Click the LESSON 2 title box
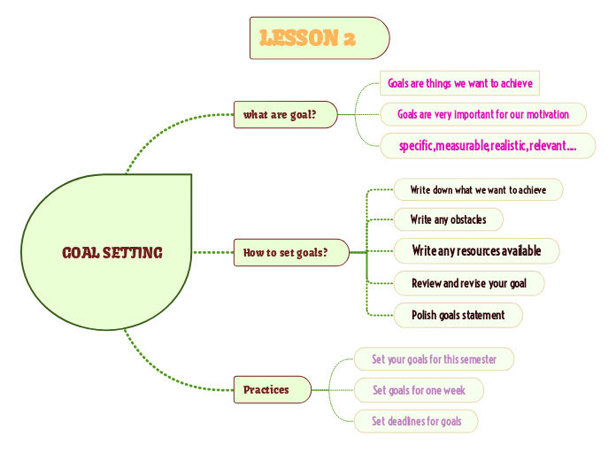(x=319, y=38)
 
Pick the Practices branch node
(x=272, y=389)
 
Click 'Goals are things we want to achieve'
(x=459, y=83)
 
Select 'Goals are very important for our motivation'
(x=482, y=114)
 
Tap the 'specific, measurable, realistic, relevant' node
(x=488, y=146)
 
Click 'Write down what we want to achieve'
(x=478, y=189)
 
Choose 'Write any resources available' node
(x=476, y=251)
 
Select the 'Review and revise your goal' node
(x=468, y=283)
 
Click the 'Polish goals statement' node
(x=458, y=315)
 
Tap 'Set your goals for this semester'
(x=434, y=359)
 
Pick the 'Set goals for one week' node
(x=419, y=390)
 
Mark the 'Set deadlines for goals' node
(x=416, y=421)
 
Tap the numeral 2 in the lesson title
(x=350, y=38)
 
